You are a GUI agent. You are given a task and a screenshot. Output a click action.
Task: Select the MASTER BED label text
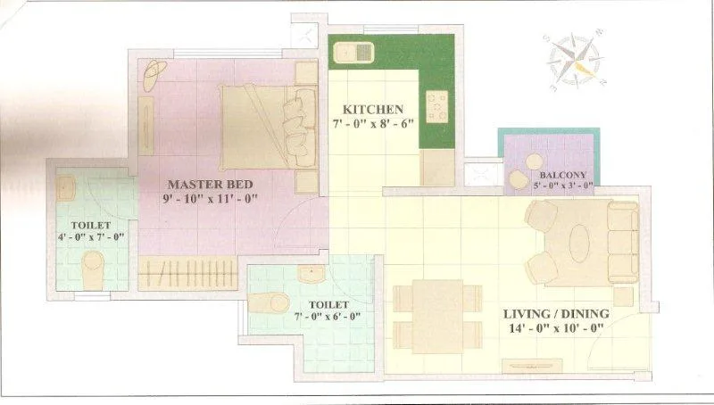211,184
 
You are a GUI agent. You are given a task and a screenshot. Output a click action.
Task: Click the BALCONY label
562,176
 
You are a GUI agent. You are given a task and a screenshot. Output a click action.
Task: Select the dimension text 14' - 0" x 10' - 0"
554,328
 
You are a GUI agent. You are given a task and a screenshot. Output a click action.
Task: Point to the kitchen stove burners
436,106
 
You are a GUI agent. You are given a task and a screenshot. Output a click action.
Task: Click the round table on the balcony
519,182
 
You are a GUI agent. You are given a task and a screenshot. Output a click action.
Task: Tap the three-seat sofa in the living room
621,240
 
